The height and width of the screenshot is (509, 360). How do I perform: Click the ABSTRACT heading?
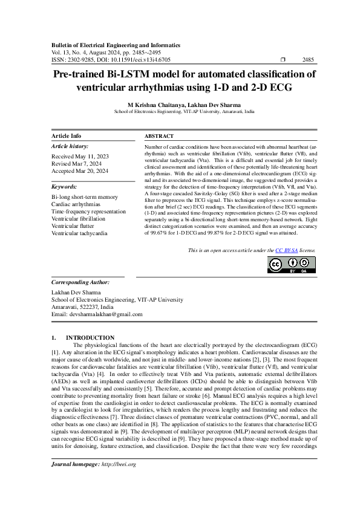click(x=159, y=136)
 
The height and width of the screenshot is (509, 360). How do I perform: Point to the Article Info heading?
click(x=66, y=136)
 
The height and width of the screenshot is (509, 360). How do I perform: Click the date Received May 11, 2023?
click(x=79, y=157)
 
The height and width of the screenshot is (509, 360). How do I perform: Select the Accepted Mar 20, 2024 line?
click(x=80, y=171)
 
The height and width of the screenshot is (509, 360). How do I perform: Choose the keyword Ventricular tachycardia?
click(x=80, y=233)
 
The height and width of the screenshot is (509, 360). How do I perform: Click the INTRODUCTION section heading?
click(x=90, y=337)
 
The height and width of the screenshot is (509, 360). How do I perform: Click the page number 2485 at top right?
click(x=307, y=60)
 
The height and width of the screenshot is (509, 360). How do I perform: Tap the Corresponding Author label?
click(x=80, y=282)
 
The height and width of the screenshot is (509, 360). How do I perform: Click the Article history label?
click(x=70, y=146)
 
